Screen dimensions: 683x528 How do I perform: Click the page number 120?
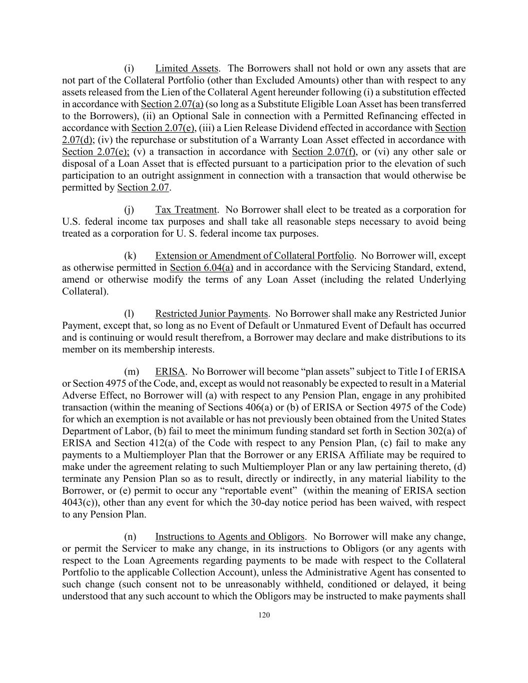point(264,615)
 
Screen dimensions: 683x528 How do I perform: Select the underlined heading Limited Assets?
point(186,69)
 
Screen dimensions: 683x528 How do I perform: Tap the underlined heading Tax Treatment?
point(186,210)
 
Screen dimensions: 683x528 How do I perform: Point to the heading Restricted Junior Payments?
point(211,314)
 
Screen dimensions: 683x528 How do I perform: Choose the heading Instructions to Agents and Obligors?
point(229,537)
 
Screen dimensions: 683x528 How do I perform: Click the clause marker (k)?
point(130,256)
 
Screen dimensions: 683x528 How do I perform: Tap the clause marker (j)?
point(130,210)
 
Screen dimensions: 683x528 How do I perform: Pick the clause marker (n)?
point(130,537)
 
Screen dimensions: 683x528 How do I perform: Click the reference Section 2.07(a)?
point(172,104)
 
